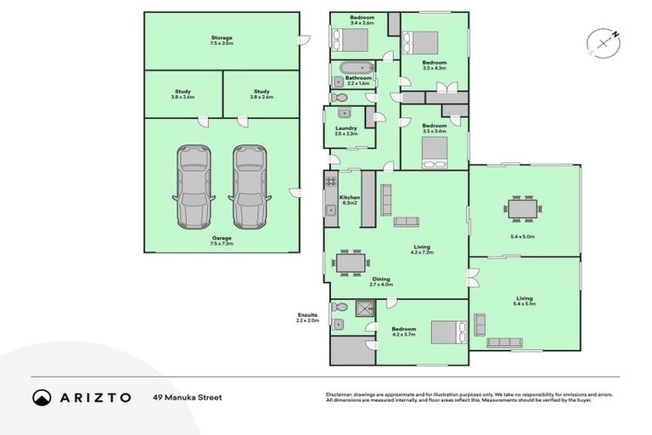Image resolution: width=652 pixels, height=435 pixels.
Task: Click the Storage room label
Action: pos(222,39)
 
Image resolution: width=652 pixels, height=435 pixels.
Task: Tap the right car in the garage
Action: pos(249,185)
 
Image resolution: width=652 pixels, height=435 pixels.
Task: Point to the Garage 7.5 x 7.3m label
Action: pos(222,241)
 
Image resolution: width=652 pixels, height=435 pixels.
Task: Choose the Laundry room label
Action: pos(346,131)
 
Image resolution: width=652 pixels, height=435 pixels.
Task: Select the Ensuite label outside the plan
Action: pos(306,317)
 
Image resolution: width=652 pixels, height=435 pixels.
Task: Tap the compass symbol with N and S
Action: pos(603,41)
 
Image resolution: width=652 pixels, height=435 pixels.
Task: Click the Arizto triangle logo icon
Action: pos(42,397)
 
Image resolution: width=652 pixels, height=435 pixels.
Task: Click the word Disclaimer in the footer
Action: pos(341,394)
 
